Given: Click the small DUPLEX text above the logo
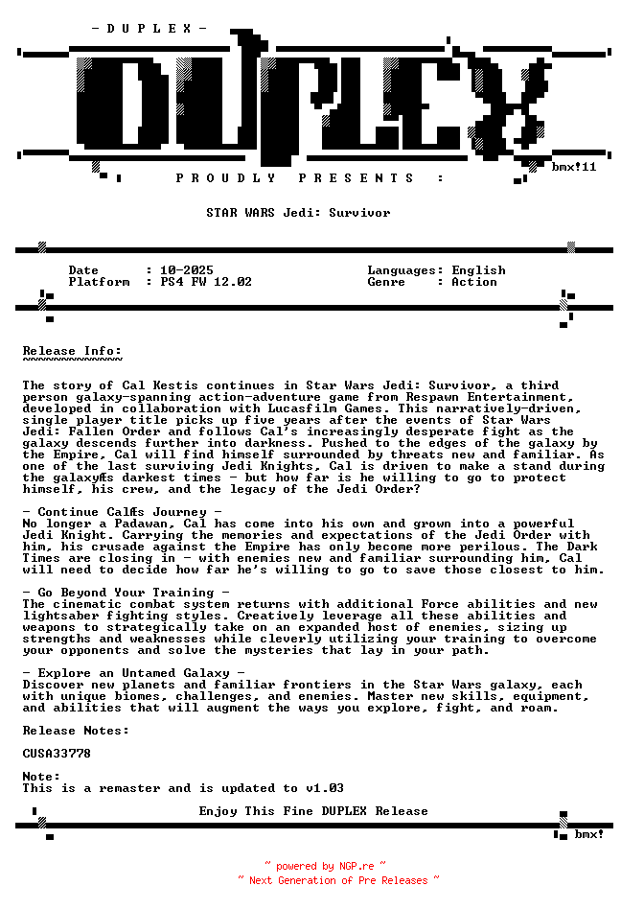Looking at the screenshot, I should click(149, 29).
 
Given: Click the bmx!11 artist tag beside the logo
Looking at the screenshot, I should click(574, 167).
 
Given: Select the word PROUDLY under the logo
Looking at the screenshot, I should click(226, 178).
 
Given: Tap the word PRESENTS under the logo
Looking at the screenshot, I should click(356, 178).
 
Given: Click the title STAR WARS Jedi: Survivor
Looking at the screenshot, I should click(298, 213).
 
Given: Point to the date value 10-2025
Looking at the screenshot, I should click(187, 270).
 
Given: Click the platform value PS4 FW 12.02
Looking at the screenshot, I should click(206, 282).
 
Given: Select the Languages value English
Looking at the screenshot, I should click(478, 270).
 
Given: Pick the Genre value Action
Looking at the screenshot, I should click(474, 282).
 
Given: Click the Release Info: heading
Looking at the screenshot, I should click(72, 351).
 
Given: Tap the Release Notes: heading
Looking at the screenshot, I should click(76, 731).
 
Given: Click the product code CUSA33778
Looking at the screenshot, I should click(57, 754).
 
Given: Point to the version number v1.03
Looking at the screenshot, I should click(325, 788).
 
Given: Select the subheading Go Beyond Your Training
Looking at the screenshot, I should click(126, 593).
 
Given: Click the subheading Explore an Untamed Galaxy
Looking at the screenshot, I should click(133, 673).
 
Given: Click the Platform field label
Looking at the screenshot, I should click(99, 282).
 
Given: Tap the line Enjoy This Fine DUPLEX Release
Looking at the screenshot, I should click(313, 811).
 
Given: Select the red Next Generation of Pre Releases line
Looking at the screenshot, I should click(338, 880).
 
